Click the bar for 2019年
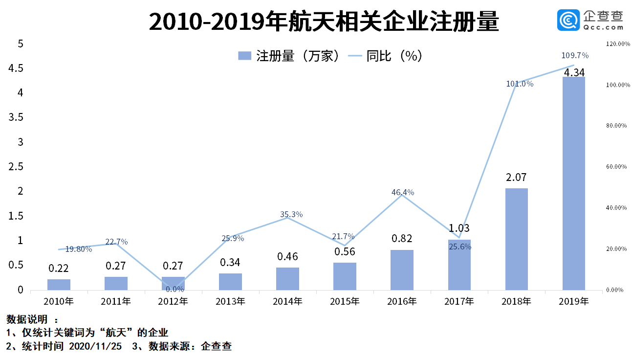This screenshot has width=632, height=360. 574,183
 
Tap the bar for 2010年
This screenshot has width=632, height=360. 59,284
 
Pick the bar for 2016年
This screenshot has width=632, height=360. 402,270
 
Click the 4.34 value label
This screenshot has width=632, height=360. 574,72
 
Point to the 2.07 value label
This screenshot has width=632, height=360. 517,177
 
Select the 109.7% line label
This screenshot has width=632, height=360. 575,55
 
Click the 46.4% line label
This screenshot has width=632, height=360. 403,192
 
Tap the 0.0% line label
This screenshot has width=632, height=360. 174,289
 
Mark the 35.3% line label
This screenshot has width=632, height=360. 291,214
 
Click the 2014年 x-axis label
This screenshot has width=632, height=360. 287,301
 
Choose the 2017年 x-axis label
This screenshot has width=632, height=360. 459,301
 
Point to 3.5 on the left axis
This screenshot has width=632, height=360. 17,117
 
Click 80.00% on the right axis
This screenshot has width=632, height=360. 616,126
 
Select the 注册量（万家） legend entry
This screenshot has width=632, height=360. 288,56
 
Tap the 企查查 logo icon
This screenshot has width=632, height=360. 568,21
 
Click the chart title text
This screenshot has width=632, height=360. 324,22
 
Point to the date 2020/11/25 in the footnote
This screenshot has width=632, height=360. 96,347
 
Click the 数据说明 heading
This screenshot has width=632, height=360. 27,319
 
